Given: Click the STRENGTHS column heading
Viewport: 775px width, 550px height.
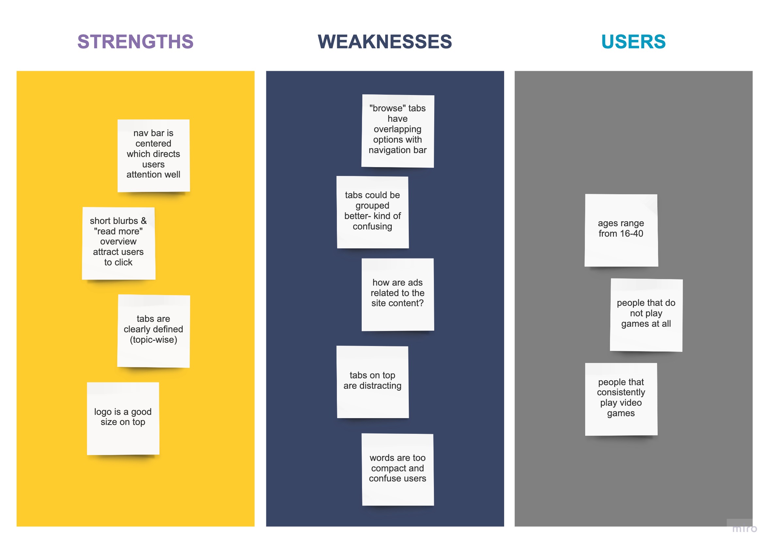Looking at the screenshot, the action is click(x=135, y=42).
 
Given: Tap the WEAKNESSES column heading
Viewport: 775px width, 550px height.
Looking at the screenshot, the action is click(x=385, y=42).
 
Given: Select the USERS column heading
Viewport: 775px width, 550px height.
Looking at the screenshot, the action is click(x=633, y=42).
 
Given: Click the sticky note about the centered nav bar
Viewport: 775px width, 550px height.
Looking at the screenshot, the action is click(x=154, y=155).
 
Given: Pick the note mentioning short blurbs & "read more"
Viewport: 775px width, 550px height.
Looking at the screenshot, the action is click(x=119, y=243).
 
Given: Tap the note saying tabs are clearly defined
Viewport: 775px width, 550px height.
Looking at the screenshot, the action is click(x=154, y=331).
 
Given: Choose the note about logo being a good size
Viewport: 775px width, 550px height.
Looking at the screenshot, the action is click(x=123, y=418).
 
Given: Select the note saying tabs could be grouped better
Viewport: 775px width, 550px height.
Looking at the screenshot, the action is click(x=372, y=212).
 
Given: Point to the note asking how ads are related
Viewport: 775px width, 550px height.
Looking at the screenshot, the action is click(x=398, y=294).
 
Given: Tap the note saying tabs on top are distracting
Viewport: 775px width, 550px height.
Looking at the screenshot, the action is click(x=372, y=382).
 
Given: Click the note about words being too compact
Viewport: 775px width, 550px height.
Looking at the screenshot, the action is click(x=398, y=469).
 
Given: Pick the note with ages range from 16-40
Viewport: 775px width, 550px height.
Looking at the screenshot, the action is click(x=621, y=230).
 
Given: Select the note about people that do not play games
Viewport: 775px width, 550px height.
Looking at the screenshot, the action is click(x=646, y=315).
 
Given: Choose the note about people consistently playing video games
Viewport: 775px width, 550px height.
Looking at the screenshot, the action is click(x=621, y=399).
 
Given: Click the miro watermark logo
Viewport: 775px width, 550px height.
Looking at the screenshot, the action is click(x=745, y=528).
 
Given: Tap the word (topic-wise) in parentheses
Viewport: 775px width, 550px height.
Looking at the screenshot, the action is click(x=154, y=340).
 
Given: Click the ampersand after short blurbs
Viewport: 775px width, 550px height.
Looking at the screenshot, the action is click(x=144, y=221).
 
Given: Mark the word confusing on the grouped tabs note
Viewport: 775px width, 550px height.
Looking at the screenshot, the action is click(x=372, y=226).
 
